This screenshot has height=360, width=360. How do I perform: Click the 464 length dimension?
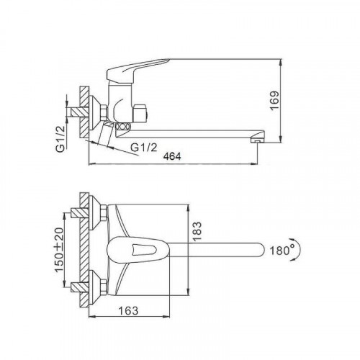tap(172, 156)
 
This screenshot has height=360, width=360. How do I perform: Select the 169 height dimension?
tap(275, 100)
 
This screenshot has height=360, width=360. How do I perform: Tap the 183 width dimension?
tap(197, 231)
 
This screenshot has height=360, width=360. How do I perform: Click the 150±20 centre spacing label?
tap(60, 250)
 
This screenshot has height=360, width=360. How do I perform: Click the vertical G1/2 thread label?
tap(60, 139)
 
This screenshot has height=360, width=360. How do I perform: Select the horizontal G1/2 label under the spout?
tap(144, 148)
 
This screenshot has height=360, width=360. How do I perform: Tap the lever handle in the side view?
tap(135, 70)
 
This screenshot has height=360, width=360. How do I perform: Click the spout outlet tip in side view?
tap(257, 140)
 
